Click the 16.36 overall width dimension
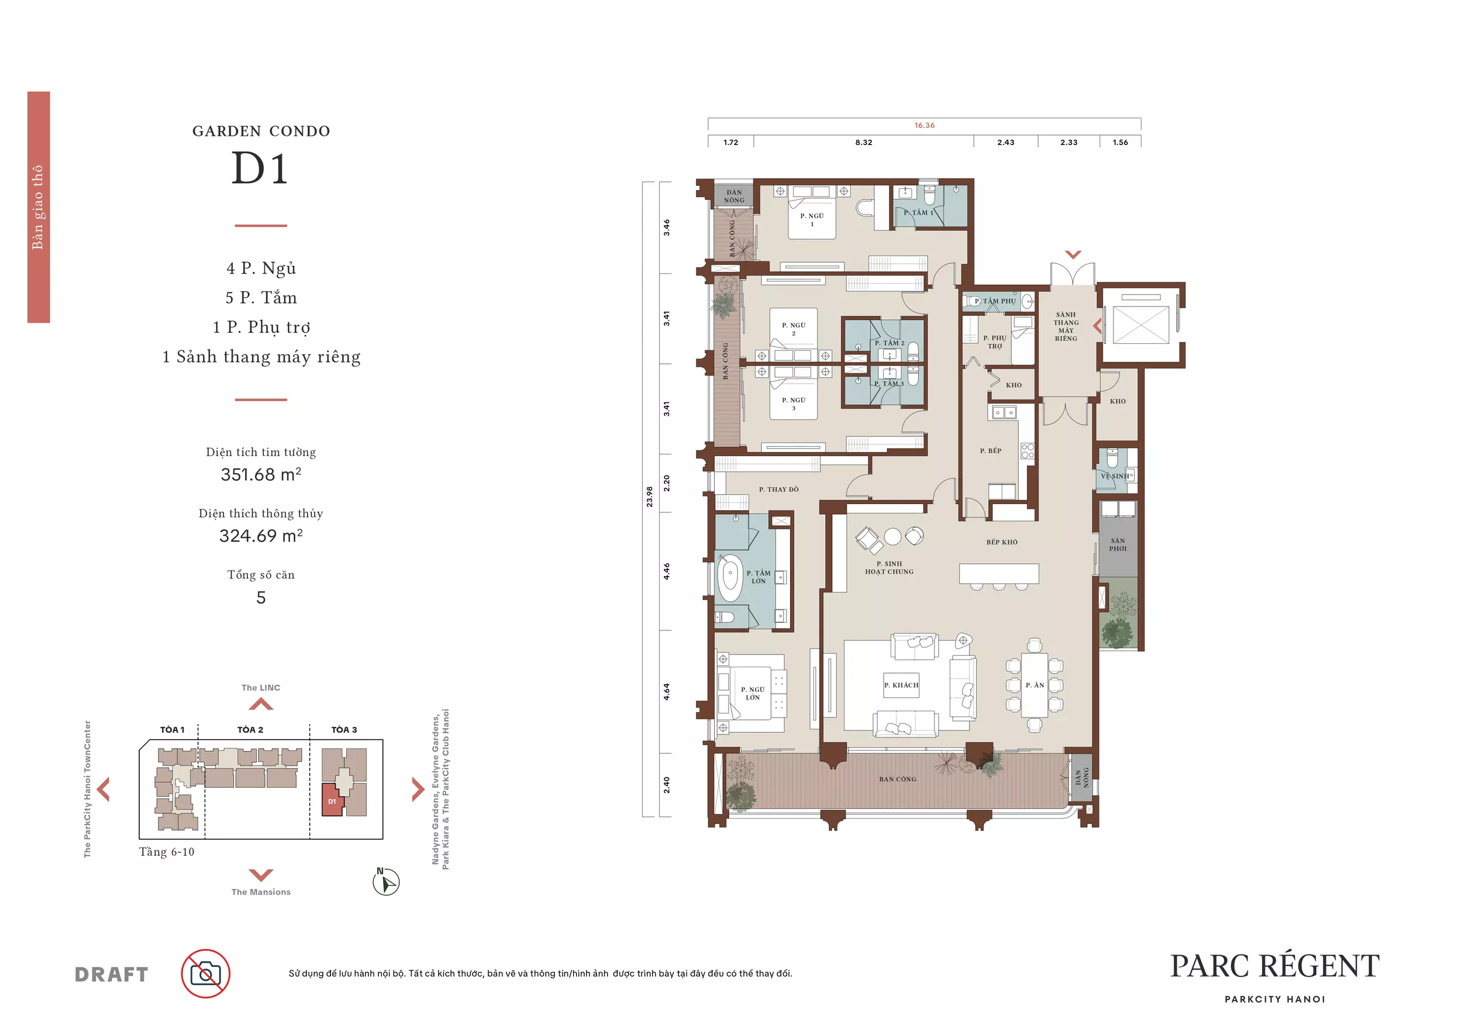pos(924,125)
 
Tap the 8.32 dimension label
pos(863,143)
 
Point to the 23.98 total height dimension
pos(650,497)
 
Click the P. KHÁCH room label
pos(901,685)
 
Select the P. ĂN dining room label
pos(1035,685)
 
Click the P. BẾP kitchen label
pos(990,451)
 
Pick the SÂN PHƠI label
pos(1118,544)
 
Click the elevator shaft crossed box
pos(1140,325)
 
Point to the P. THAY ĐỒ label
pos(778,490)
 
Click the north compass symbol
pos(386,882)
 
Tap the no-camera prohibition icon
pos(206,974)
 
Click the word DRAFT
pos(112,975)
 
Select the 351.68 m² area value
pos(261,474)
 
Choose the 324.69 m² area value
pos(261,536)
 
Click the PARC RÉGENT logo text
pos(1275,966)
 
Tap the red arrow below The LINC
pos(261,704)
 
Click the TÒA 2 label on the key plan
pos(250,730)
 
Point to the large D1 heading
pos(260,168)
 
